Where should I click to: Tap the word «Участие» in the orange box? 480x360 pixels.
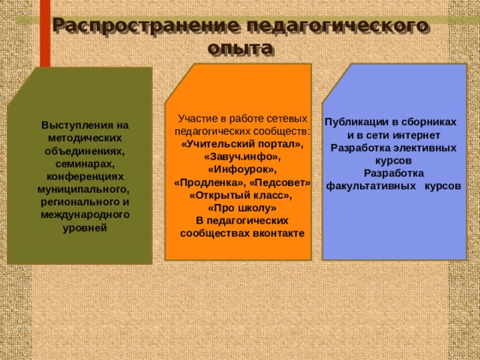(196, 118)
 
